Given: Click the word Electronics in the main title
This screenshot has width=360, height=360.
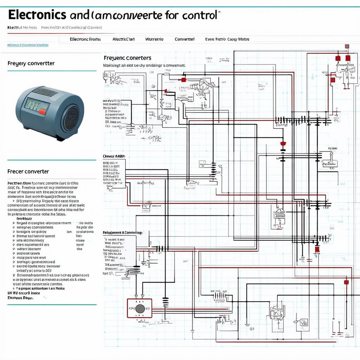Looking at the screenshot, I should tap(37, 15).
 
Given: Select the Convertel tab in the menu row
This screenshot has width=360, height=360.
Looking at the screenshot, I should tap(185, 39).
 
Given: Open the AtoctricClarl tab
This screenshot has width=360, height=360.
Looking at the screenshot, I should tap(123, 39).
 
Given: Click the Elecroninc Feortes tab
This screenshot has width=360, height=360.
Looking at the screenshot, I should tap(85, 39).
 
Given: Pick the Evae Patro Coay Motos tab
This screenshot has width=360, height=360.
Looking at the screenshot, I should tap(227, 39).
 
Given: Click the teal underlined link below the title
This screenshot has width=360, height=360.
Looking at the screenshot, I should tap(28, 45).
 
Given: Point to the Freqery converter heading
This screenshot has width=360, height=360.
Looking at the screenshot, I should tap(31, 64).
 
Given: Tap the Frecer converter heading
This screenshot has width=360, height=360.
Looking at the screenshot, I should tap(28, 172).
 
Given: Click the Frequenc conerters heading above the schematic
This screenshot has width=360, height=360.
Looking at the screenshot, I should tap(128, 58).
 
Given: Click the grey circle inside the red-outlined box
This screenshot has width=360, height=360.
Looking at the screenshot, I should tap(140, 309).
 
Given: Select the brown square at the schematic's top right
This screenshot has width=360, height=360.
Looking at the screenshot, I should tap(347, 46).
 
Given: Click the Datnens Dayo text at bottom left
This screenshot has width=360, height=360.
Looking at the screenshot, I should tap(20, 297).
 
